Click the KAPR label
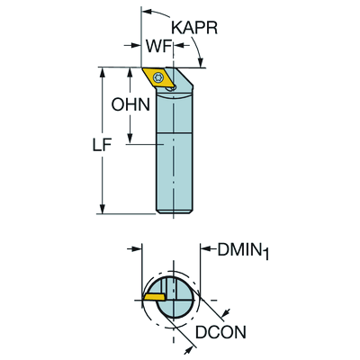click(x=194, y=28)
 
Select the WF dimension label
click(x=158, y=46)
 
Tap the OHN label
click(x=130, y=104)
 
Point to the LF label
click(x=103, y=146)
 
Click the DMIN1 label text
click(x=243, y=250)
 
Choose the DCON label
click(x=220, y=332)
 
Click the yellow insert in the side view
click(x=157, y=78)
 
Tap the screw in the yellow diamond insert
click(x=157, y=77)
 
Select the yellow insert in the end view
click(x=154, y=296)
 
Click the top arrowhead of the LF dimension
click(x=103, y=73)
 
